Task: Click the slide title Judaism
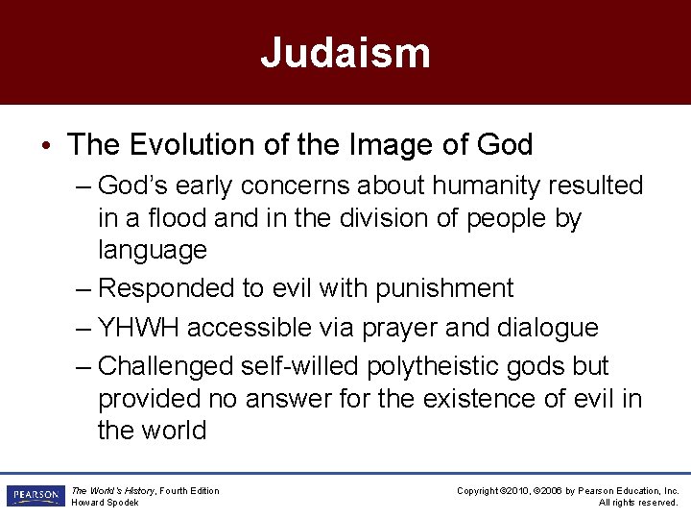tap(345, 53)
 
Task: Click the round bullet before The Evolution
tap(47, 146)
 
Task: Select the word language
tap(152, 251)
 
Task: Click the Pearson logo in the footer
tap(36, 496)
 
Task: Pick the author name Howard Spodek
tap(105, 503)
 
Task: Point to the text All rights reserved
tap(638, 503)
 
